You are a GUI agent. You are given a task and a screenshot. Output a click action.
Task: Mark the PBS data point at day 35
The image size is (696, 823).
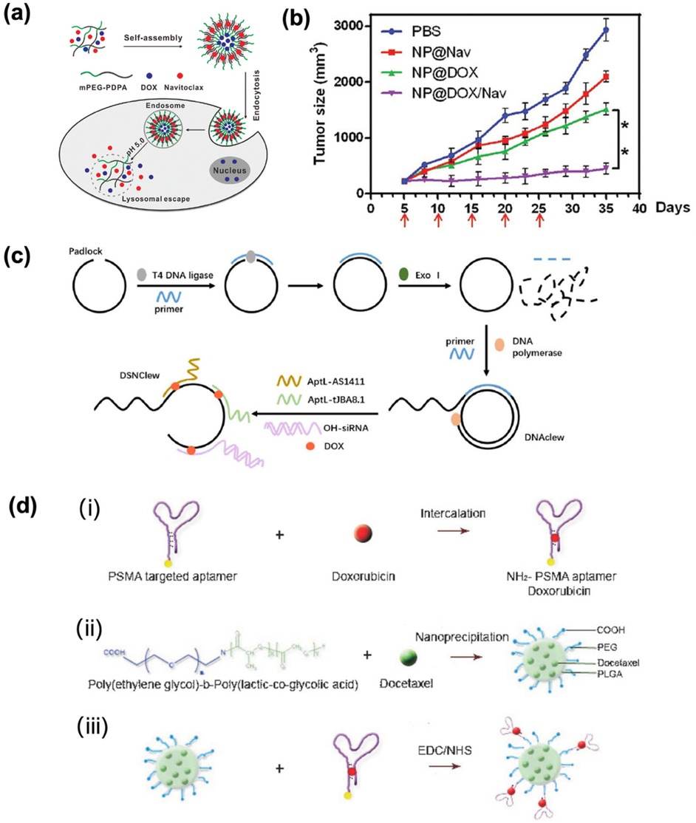pos(605,30)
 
